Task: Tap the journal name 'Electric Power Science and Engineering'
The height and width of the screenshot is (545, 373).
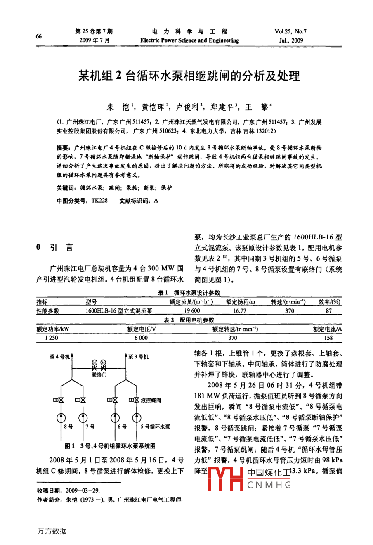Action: (189, 40)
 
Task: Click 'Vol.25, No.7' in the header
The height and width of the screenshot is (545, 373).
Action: (290, 31)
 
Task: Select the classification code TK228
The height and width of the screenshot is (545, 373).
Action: (99, 201)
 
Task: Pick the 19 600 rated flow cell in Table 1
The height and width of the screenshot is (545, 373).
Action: (192, 311)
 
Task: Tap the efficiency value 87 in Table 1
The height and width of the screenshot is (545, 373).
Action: (328, 311)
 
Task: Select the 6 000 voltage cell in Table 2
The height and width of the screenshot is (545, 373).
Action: (141, 338)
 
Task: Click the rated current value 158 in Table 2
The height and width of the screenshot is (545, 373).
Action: (328, 338)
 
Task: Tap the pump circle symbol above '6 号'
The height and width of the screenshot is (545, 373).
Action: (115, 418)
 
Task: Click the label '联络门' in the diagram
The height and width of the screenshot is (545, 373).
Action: (99, 375)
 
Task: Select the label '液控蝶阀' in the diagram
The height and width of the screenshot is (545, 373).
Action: (151, 400)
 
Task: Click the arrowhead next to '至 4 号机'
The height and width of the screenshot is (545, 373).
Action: (73, 355)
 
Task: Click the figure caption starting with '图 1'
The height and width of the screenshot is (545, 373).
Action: (110, 446)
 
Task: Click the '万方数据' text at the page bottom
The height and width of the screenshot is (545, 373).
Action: (52, 531)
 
